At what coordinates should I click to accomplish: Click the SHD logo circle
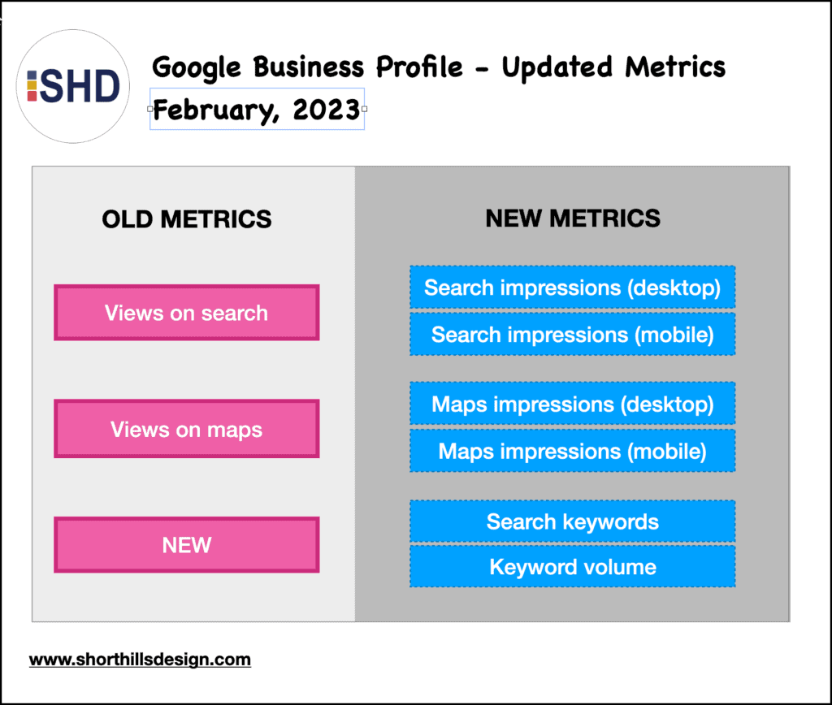(72, 86)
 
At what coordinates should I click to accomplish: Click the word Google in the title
(197, 68)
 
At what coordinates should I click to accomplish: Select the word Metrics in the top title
(675, 67)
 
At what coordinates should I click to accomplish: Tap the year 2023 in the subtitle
(327, 110)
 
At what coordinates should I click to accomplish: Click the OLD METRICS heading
(187, 219)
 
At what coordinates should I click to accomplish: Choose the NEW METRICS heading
(573, 218)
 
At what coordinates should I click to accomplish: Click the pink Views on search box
(187, 313)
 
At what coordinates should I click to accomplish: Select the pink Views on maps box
(187, 429)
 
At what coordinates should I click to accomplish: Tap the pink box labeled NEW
(187, 545)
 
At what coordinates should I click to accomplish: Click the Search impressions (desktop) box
(573, 287)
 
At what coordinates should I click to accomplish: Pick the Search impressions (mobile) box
(573, 334)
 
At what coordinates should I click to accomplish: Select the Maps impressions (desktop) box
(573, 404)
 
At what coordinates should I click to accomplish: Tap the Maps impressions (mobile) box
(573, 451)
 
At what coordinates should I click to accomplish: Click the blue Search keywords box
(573, 521)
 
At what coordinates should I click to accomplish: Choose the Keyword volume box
(573, 567)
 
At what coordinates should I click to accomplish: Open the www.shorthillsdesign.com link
(140, 660)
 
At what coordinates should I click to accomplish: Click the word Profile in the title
(419, 67)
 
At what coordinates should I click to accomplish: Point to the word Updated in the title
(557, 68)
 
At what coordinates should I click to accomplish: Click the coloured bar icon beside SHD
(32, 86)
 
